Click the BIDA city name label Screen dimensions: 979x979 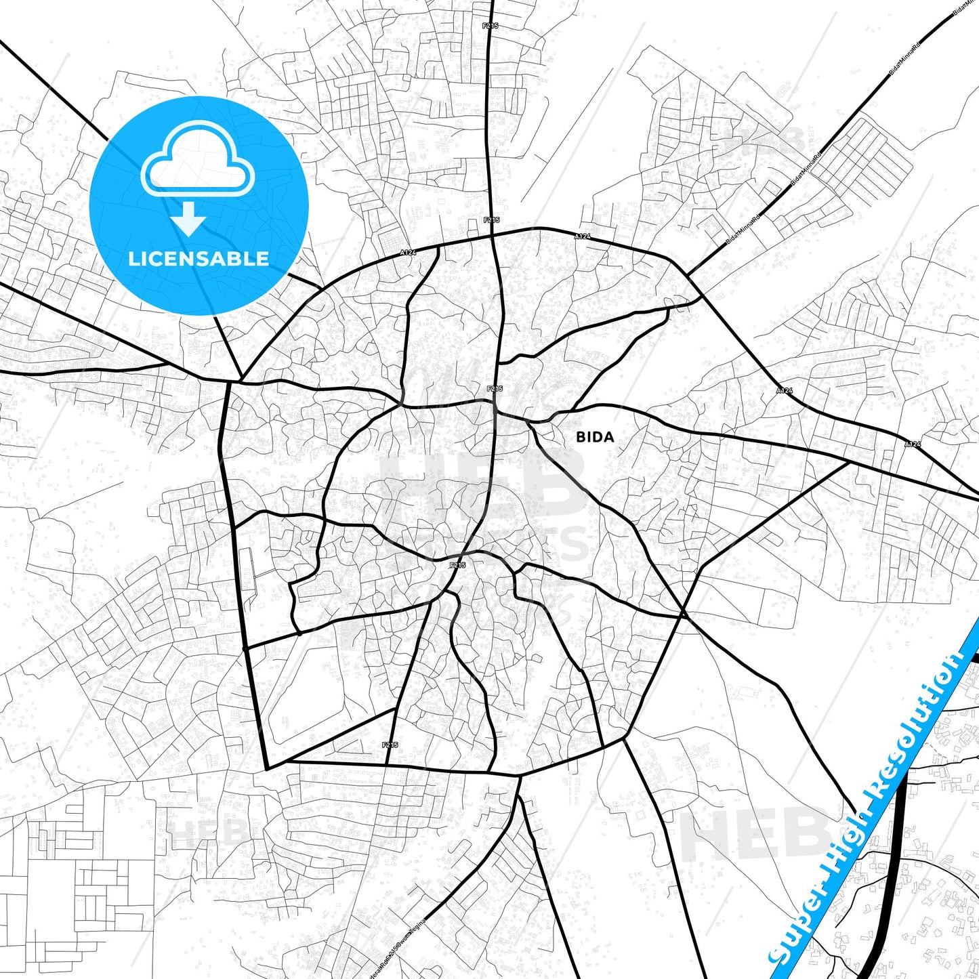pyautogui.click(x=595, y=437)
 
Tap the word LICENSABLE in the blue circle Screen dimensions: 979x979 pyautogui.click(x=199, y=259)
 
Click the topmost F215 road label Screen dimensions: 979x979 pyautogui.click(x=491, y=26)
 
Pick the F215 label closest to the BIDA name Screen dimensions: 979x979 pyautogui.click(x=495, y=389)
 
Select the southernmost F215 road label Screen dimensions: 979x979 pyautogui.click(x=390, y=745)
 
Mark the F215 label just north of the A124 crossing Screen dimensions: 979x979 pyautogui.click(x=491, y=220)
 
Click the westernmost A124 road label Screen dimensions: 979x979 pyautogui.click(x=407, y=253)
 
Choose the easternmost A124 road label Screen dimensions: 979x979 pyautogui.click(x=913, y=444)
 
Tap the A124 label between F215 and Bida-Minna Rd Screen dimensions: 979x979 pyautogui.click(x=583, y=236)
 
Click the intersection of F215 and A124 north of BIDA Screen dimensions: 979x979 pyautogui.click(x=493, y=236)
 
